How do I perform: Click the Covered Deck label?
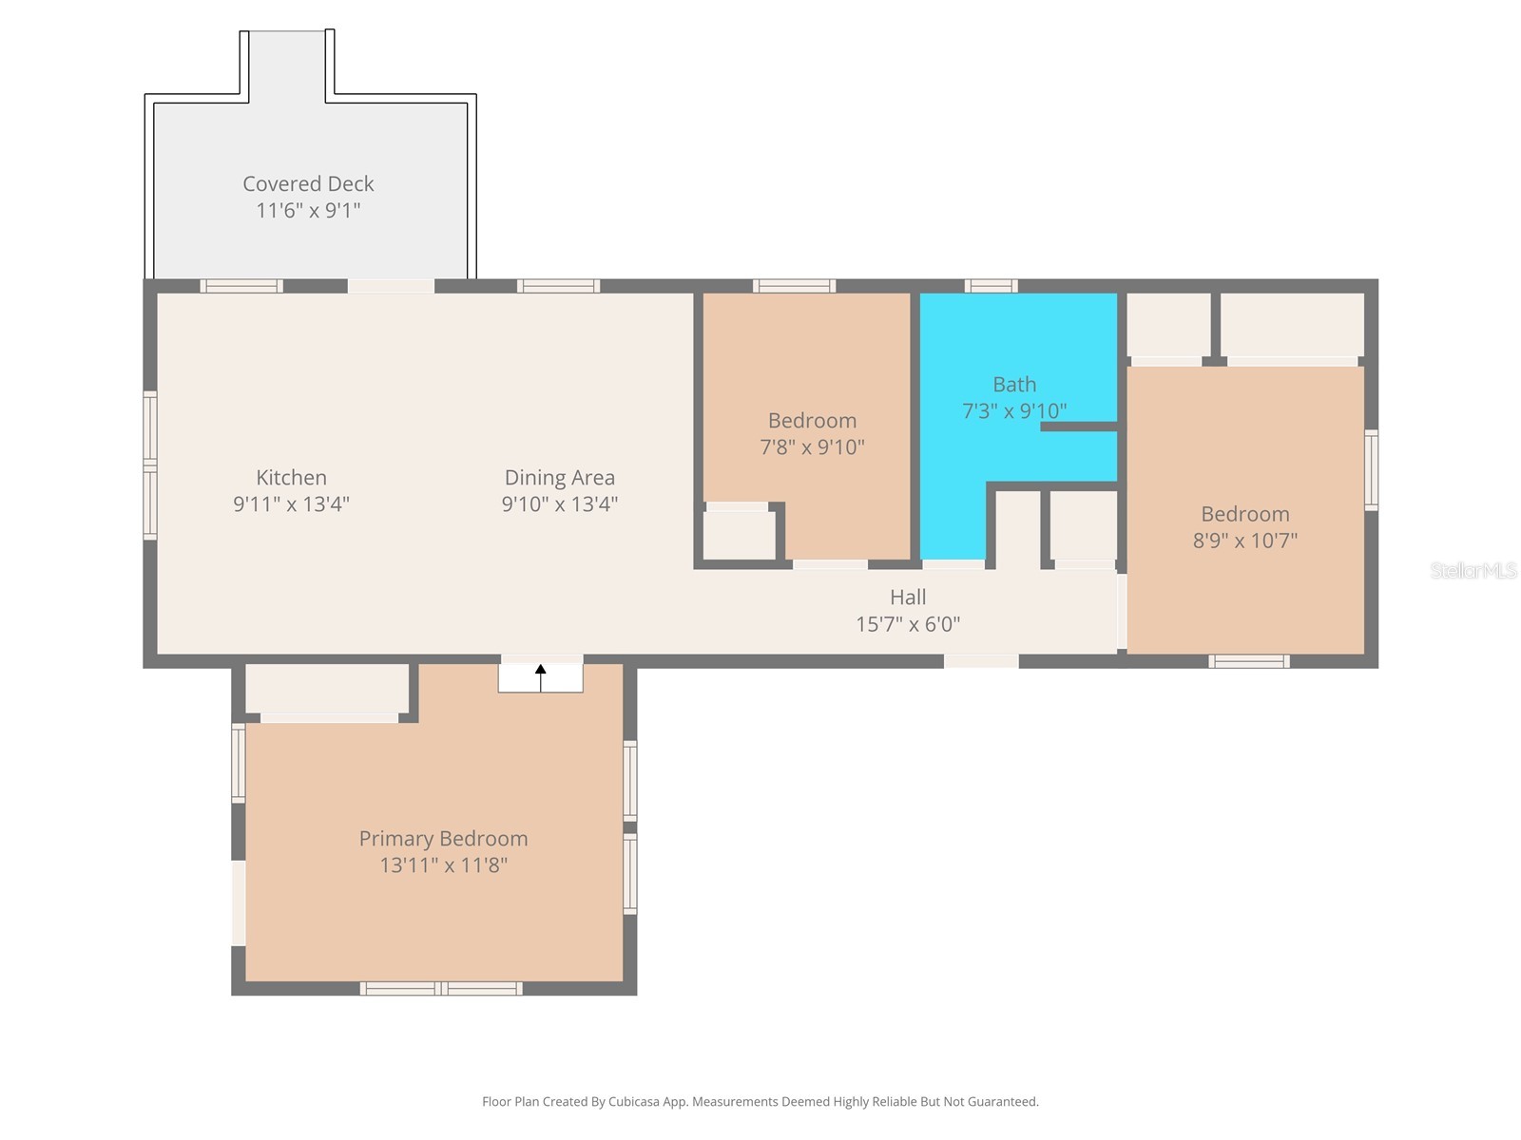point(308,183)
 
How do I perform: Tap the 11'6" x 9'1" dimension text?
point(308,210)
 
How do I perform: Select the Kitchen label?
point(291,478)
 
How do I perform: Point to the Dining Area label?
point(559,478)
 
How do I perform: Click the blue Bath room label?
point(1014,385)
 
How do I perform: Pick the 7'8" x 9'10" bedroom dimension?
point(812,446)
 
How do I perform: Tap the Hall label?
point(908,598)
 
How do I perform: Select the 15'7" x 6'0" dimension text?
point(908,624)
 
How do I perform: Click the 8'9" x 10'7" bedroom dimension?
point(1244,541)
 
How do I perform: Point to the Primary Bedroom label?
point(443,839)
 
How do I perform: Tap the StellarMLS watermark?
point(1473,570)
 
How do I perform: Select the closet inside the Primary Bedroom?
point(327,688)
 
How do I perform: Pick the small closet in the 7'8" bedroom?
point(739,535)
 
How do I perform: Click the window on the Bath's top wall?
point(991,286)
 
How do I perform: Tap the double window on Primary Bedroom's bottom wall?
point(441,989)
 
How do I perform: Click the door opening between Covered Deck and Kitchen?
point(391,286)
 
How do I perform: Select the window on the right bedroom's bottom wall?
point(1249,661)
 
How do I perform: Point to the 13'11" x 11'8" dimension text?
point(443,865)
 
